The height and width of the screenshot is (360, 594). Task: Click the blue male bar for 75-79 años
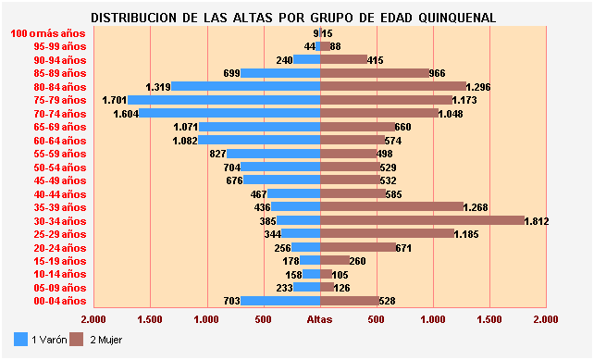pos(223,100)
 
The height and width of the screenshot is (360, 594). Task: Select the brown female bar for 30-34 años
pos(421,220)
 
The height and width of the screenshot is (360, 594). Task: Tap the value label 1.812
pos(538,221)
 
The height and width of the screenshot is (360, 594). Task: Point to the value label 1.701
pos(115,100)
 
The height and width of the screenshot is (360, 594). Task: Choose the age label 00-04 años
pos(59,301)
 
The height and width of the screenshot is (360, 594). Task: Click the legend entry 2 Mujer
pos(103,340)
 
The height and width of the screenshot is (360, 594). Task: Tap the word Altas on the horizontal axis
pos(319,319)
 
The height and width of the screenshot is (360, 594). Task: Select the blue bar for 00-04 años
pos(280,301)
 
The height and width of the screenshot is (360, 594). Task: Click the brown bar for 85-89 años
pos(375,73)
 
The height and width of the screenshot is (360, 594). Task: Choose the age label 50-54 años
pos(59,167)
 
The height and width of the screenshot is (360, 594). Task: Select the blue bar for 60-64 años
pos(259,140)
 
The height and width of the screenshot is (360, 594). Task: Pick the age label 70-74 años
pos(59,113)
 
